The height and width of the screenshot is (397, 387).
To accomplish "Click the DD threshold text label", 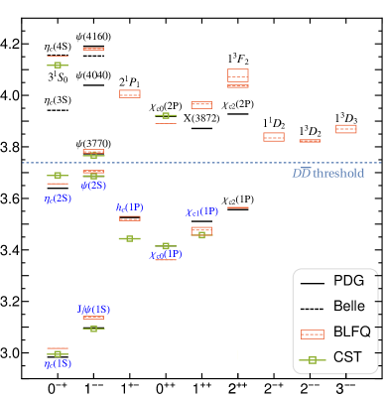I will [x=327, y=174].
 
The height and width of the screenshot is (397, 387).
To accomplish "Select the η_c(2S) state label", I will [x=57, y=198].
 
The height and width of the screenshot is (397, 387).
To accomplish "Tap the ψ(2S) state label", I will [x=93, y=186].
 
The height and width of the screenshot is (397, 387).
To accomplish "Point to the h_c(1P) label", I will [x=129, y=207].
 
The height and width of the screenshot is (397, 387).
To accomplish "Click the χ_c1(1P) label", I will [x=201, y=211].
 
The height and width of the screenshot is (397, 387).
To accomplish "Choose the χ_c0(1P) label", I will [x=166, y=255].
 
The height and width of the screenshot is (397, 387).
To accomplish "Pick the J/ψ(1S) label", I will [x=93, y=309].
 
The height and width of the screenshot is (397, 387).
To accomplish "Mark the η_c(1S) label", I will [x=57, y=364].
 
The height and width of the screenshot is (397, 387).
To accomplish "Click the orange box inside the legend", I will [x=312, y=334].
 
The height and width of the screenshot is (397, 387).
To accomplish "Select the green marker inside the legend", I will [x=312, y=359].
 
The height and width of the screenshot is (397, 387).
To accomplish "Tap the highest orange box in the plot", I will [x=93, y=49].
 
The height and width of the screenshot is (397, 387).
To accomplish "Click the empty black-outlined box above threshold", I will [x=237, y=74].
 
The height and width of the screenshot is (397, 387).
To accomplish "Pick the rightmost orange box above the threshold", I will [x=345, y=129].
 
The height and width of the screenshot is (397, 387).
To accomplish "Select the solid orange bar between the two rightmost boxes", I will [x=310, y=141].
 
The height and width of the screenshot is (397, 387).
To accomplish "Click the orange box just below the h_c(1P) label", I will [x=129, y=218].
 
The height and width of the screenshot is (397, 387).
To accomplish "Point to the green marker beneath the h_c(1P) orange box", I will [x=129, y=238].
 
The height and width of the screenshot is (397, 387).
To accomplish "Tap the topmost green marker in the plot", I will [x=57, y=65].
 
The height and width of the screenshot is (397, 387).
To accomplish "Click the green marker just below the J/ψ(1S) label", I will [x=93, y=328].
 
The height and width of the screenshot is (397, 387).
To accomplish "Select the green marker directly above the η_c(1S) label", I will [x=57, y=353].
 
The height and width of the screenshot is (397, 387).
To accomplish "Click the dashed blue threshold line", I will [x=198, y=163].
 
